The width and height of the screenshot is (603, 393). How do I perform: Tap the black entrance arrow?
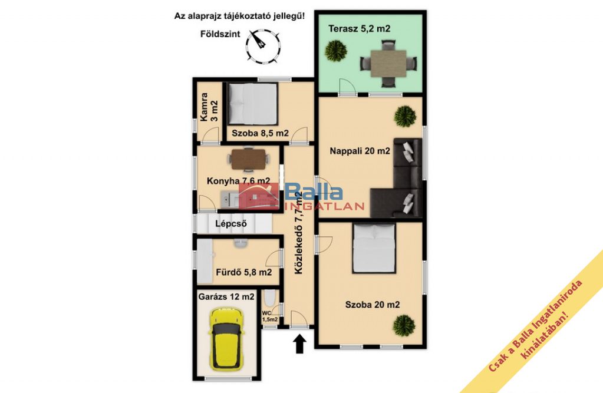pos(299,344)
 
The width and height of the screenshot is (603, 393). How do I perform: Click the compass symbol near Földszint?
pos(263,47)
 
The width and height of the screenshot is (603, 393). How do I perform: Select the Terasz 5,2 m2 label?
pos(359,28)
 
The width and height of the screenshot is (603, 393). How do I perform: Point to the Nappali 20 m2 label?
pos(360,151)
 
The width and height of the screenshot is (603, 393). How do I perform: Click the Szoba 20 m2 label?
pos(373,305)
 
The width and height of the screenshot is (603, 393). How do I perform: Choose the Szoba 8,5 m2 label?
pos(260,133)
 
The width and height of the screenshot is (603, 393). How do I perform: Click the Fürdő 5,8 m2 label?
pos(244,272)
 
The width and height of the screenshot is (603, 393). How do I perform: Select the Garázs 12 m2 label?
pos(226,296)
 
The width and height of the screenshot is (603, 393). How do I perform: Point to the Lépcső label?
pos(230,223)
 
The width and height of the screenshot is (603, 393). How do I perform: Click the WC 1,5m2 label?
pos(270,316)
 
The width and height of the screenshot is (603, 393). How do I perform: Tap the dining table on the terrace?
pos(388,64)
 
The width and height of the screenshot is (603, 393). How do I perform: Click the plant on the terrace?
pos(336,50)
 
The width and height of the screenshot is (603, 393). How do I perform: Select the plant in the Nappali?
pos(405,116)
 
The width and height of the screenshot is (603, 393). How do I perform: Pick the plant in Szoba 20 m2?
pos(404,326)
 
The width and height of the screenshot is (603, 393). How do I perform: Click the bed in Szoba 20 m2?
pos(374,248)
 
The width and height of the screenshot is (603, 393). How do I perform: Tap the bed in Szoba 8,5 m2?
pos(252,103)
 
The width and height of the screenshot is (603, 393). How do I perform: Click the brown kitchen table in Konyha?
pos(248,159)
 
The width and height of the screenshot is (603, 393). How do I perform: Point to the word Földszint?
pos(215,34)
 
